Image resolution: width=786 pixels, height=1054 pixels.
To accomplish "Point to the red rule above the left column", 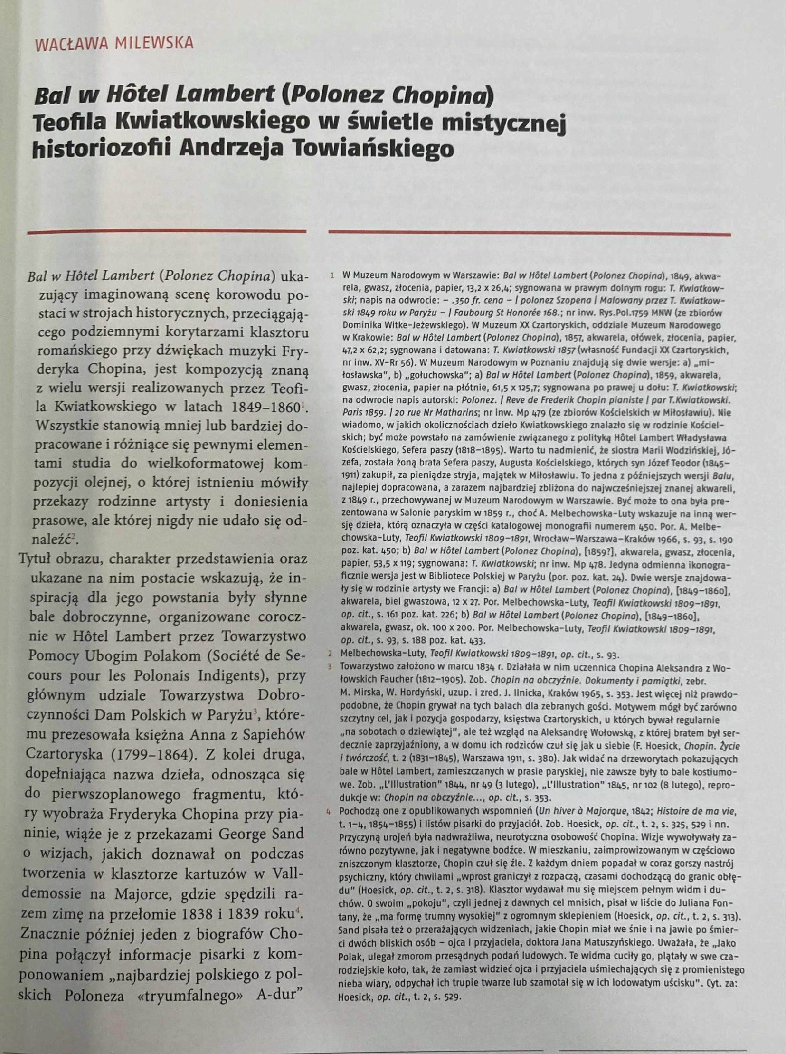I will point(167,232).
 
